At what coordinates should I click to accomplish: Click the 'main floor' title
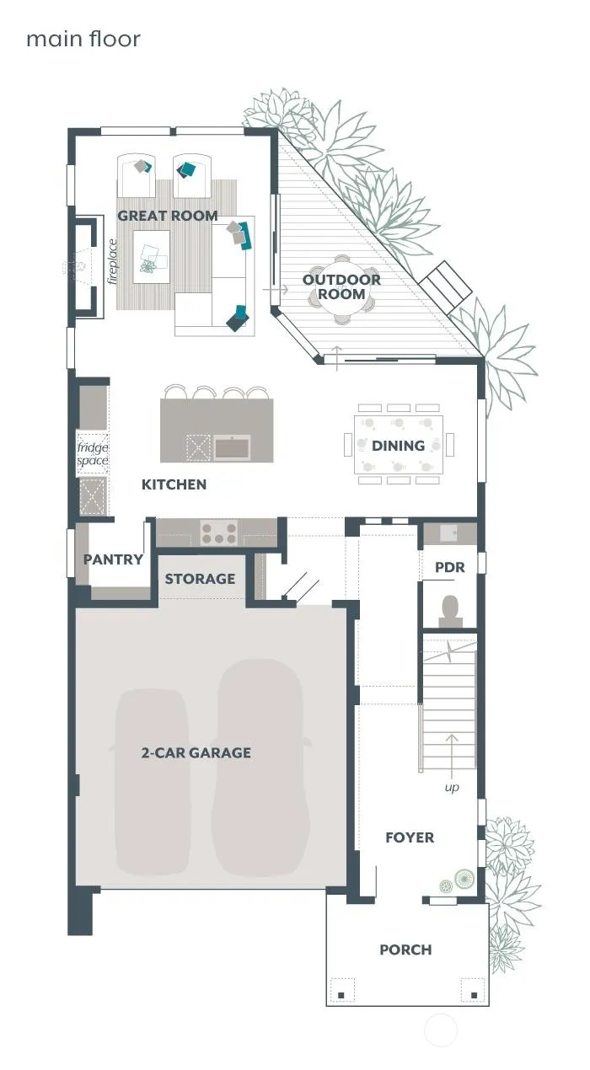(83, 39)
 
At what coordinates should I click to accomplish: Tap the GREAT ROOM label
(168, 216)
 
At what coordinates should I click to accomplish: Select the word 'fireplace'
(112, 261)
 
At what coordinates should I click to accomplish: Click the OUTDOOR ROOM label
(341, 286)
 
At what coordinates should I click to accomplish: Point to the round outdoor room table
(341, 290)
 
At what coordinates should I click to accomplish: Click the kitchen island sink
(232, 448)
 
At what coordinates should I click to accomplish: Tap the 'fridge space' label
(92, 454)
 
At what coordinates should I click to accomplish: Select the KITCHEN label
(174, 484)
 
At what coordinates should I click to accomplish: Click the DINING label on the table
(399, 446)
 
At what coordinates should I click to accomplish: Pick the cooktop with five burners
(219, 532)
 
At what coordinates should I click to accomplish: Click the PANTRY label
(113, 559)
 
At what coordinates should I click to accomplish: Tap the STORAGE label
(200, 579)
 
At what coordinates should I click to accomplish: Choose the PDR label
(450, 567)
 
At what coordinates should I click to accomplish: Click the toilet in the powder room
(450, 611)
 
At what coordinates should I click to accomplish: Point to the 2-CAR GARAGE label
(196, 753)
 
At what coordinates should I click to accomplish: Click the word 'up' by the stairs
(452, 787)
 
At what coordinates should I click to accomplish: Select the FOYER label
(410, 837)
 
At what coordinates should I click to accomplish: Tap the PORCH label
(405, 950)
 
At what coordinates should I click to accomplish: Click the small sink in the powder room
(448, 532)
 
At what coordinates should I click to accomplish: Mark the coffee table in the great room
(152, 256)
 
